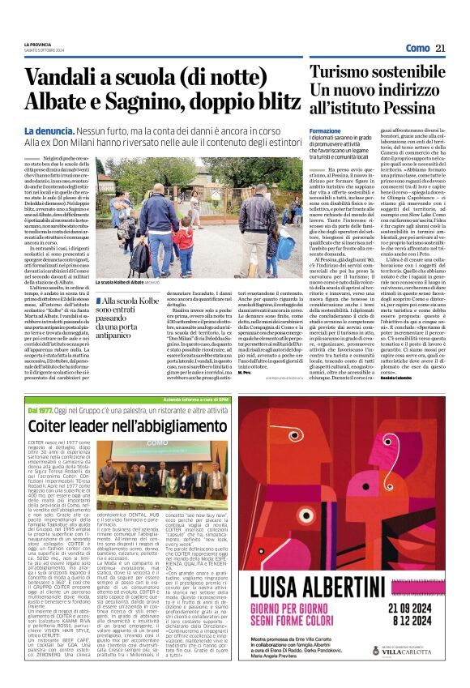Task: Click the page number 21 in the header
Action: point(442,49)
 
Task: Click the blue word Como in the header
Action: point(417,49)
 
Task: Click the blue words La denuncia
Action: point(51,130)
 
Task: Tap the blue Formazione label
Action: point(325,130)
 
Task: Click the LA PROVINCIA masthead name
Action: point(43,45)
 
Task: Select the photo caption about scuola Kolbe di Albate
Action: point(126,282)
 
